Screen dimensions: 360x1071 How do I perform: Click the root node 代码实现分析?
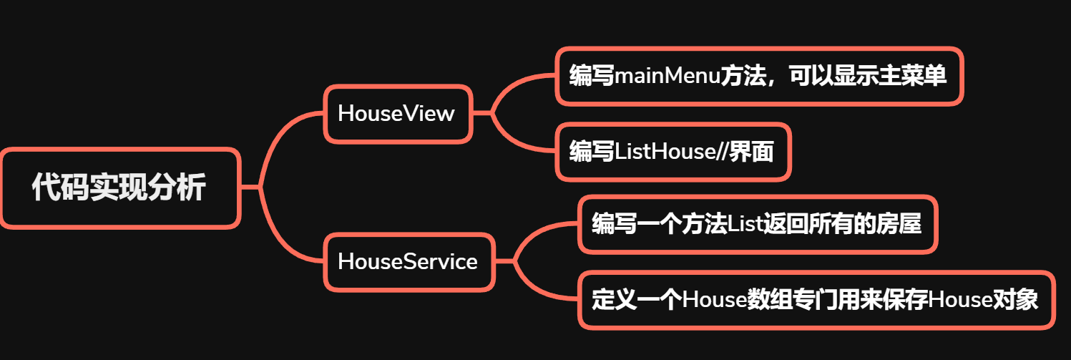tap(119, 188)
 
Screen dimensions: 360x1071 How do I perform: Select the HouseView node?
tap(397, 113)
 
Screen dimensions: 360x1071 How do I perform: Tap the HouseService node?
tap(408, 261)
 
